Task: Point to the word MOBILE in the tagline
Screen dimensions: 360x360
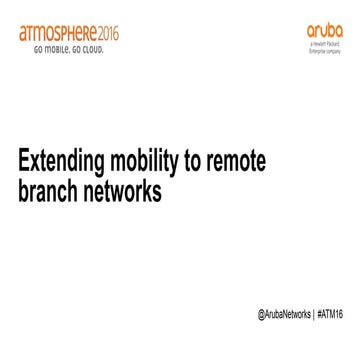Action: click(52, 48)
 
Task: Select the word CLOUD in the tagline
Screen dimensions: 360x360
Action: click(91, 48)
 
